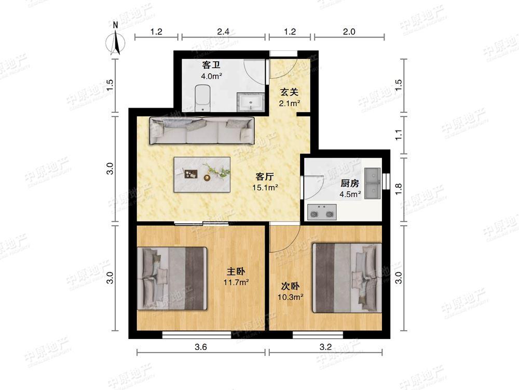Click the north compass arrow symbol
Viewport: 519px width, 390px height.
[116, 40]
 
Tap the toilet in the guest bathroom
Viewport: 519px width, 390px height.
[202, 98]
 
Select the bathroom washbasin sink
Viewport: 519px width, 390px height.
[251, 101]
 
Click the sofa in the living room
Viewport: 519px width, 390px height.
[202, 131]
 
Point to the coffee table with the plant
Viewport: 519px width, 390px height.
[202, 174]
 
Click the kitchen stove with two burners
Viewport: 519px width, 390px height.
[322, 212]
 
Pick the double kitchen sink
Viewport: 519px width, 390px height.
[372, 184]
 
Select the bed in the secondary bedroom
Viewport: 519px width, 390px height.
[347, 278]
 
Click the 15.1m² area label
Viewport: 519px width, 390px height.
[265, 188]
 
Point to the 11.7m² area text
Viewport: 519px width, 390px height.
[236, 282]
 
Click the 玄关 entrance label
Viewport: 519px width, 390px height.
[289, 92]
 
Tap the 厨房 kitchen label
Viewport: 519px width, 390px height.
[350, 183]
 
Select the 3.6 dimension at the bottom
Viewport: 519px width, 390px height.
[200, 347]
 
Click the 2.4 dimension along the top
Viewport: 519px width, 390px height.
[223, 32]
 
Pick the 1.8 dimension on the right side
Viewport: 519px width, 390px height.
[399, 189]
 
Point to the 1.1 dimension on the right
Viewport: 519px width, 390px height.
[399, 135]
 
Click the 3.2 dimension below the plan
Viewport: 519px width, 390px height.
[325, 347]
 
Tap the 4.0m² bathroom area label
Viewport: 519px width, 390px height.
[211, 76]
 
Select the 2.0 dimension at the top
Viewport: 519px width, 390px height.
[349, 32]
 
